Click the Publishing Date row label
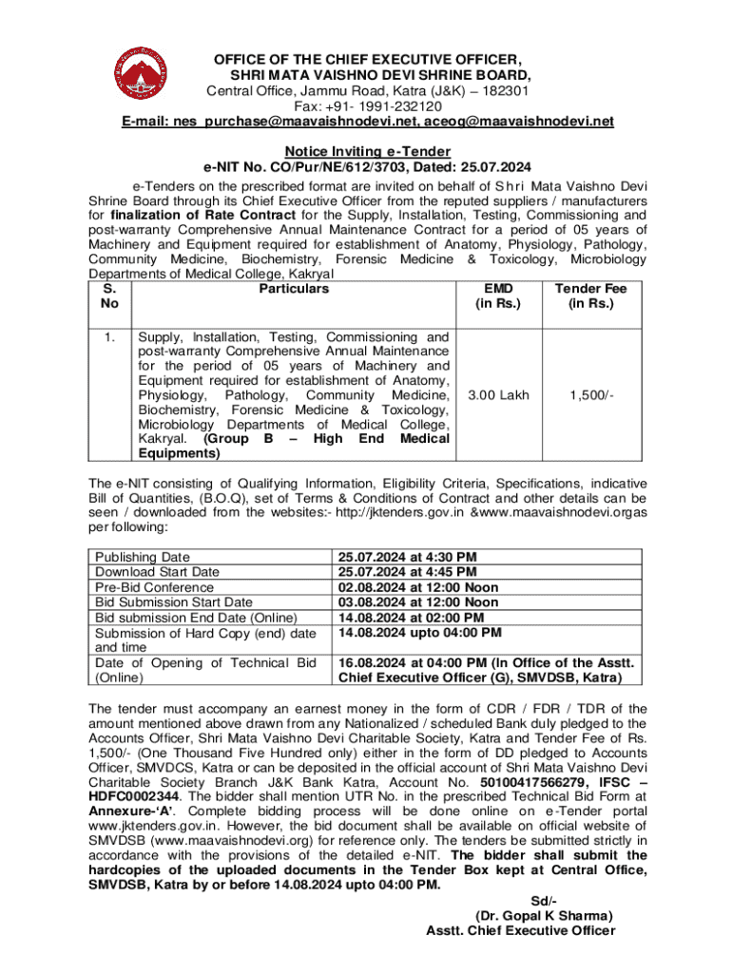point(143,557)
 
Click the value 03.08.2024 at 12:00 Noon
point(417,601)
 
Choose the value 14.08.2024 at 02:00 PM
point(409,617)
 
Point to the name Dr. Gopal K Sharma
point(544,916)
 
